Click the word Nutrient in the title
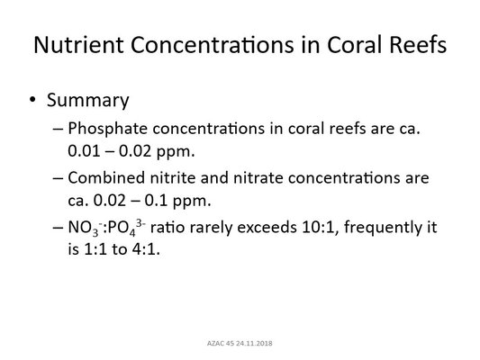(78, 45)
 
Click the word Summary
(88, 101)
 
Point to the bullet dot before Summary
(32, 100)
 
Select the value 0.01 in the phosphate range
(84, 151)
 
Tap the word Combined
(106, 178)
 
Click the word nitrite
(173, 178)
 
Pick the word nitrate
(258, 178)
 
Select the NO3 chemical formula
(85, 229)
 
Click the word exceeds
(267, 228)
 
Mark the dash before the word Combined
(58, 178)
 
